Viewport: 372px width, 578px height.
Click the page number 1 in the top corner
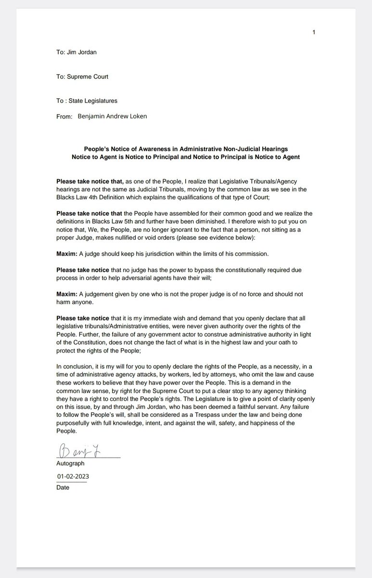(x=313, y=32)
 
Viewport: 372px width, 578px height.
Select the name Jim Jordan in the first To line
(x=81, y=52)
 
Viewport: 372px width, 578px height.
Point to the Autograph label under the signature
(x=70, y=463)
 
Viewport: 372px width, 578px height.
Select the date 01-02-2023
(x=73, y=476)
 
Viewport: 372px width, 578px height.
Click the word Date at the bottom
(x=63, y=487)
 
